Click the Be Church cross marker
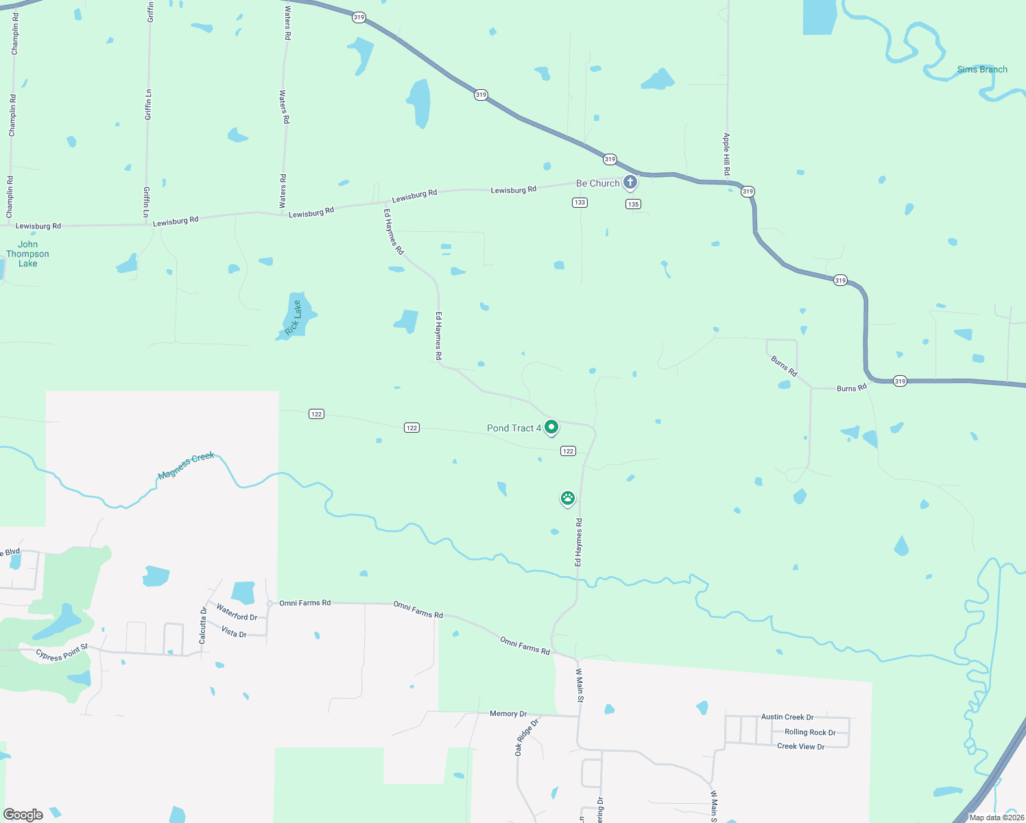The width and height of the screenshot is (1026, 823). [x=630, y=182]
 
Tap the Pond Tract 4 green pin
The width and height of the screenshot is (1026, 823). [x=551, y=427]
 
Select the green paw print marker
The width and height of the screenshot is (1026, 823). [x=567, y=498]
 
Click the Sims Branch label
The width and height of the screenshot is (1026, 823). [x=982, y=69]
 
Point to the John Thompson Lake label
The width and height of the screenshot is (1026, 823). [x=28, y=254]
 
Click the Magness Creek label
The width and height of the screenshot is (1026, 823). [x=186, y=466]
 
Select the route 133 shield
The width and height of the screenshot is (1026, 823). [x=580, y=202]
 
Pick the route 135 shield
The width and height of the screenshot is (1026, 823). [x=633, y=204]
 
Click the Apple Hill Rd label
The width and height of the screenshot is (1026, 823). [x=726, y=154]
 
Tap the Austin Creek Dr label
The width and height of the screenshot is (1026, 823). [x=787, y=717]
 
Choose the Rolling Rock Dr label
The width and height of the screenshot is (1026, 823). [x=810, y=732]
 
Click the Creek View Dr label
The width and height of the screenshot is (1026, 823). [x=800, y=746]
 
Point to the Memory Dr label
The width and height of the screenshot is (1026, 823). [x=508, y=714]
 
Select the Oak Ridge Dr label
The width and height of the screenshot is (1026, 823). [x=527, y=737]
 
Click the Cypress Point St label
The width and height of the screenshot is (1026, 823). [x=62, y=652]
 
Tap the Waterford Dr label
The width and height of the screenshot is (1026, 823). [x=237, y=612]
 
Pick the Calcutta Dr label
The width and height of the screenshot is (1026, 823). [x=203, y=625]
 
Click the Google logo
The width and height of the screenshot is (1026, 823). [x=23, y=814]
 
